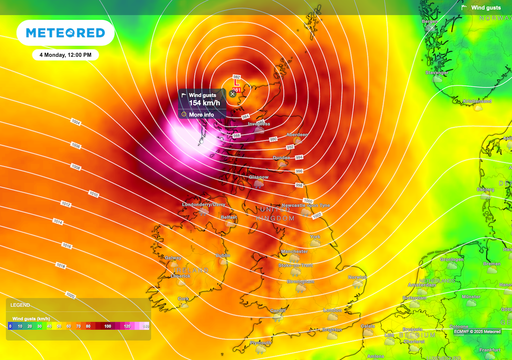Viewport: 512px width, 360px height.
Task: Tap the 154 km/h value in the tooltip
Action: [203, 102]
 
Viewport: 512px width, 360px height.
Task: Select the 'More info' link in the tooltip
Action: [203, 114]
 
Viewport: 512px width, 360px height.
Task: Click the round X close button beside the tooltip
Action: [233, 93]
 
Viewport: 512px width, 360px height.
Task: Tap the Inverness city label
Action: [260, 124]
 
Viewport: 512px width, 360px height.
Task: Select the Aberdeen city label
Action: [297, 133]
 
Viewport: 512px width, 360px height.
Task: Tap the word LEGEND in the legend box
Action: [20, 304]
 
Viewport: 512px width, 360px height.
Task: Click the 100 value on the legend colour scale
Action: [107, 326]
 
